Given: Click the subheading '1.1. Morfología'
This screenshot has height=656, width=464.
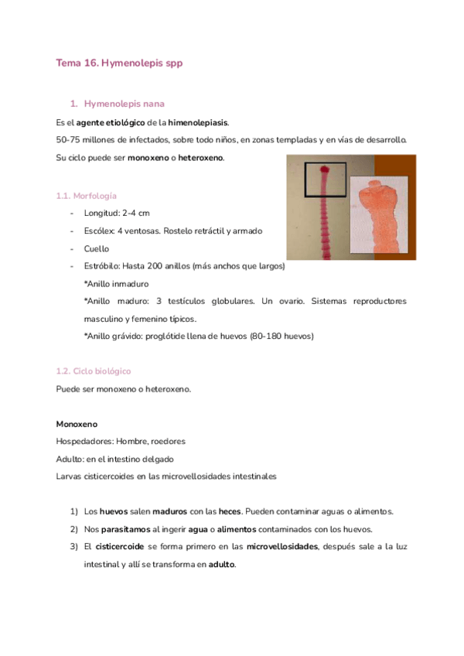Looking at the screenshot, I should (87, 195).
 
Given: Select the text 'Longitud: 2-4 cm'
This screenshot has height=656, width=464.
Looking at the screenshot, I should (117, 213).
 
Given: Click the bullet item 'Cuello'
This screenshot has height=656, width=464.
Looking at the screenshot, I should (97, 248).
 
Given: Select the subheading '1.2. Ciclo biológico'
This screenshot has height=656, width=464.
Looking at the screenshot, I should (94, 371).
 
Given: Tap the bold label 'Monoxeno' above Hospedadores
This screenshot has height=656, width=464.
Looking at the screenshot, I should (77, 424).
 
